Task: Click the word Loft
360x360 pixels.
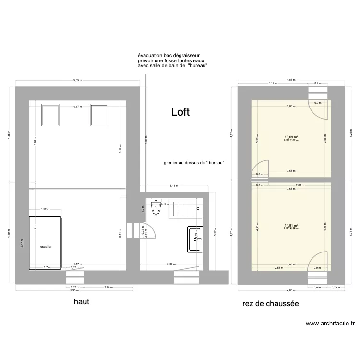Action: [180, 112]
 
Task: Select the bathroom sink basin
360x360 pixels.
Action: [195, 239]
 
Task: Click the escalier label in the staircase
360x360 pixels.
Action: [46, 246]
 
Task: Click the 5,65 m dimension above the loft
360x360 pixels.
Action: [77, 80]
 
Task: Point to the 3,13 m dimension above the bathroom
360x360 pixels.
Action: [174, 186]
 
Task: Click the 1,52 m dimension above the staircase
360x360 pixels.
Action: [45, 209]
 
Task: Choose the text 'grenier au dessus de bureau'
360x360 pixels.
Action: [194, 163]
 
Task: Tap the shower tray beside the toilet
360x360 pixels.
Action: [185, 208]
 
